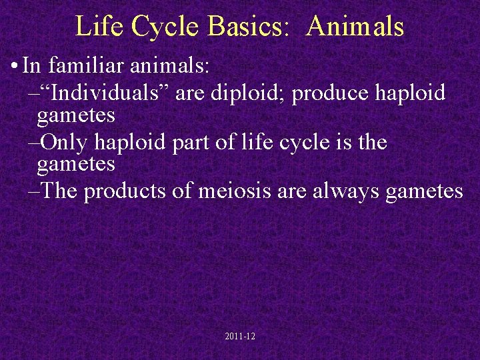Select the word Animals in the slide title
point(355,27)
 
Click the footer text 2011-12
point(240,337)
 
